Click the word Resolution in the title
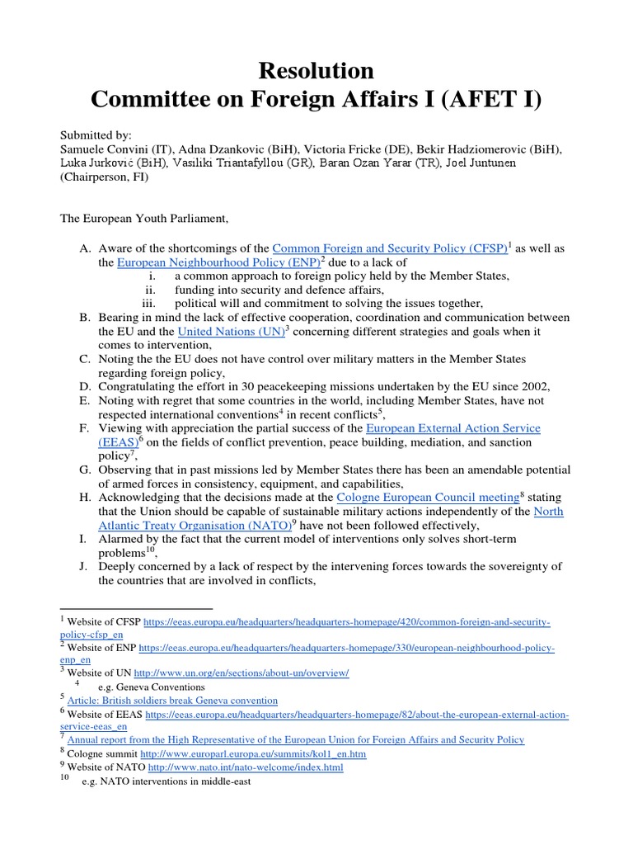(317, 69)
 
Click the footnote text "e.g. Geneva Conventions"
(151, 687)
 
